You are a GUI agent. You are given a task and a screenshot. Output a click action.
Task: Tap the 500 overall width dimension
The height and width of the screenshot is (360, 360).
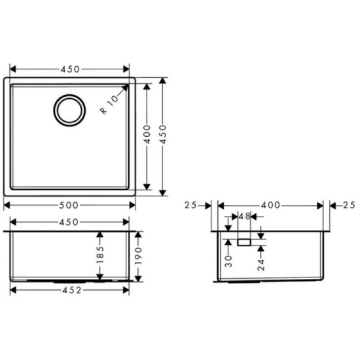(71, 204)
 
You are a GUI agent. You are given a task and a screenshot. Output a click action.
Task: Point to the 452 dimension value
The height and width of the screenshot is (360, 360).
(71, 291)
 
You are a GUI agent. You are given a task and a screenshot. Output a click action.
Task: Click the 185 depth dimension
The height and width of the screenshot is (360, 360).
(99, 258)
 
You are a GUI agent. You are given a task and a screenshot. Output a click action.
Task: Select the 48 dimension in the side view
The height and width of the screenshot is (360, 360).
(245, 215)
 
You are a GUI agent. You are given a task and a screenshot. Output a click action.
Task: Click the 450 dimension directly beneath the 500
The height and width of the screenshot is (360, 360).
(71, 221)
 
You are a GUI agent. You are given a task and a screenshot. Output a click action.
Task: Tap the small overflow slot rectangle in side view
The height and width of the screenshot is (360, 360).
(244, 242)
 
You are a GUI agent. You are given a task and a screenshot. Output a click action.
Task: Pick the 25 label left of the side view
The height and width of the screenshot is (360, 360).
(191, 205)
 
